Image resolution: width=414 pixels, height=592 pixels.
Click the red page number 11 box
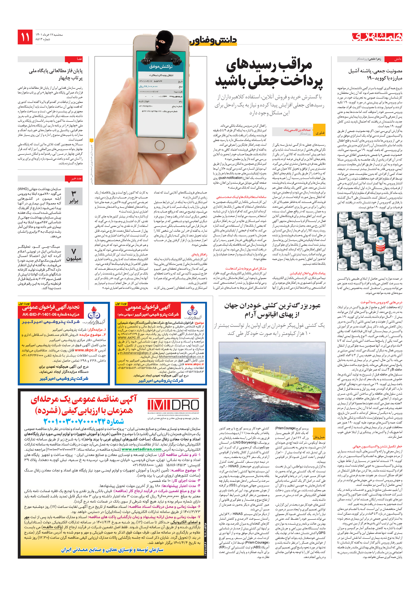pyautogui.click(x=25, y=37)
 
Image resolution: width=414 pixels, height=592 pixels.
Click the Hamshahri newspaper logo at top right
pyautogui.click(x=377, y=37)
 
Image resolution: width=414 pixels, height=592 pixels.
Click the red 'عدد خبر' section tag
pyautogui.click(x=76, y=178)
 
